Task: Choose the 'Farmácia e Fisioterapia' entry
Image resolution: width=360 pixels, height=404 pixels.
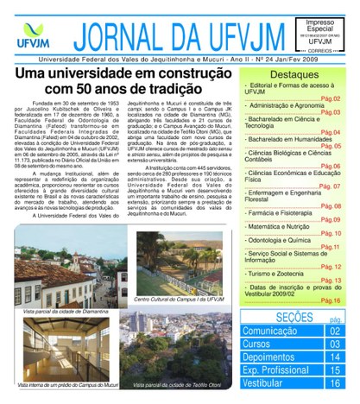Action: (284, 211)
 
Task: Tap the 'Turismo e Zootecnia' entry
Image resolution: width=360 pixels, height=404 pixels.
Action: (278, 273)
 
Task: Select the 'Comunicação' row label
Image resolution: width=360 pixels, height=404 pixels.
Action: (270, 331)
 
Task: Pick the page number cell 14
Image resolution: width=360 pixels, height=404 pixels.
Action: (335, 357)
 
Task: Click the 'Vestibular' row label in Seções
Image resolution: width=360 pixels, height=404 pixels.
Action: (263, 383)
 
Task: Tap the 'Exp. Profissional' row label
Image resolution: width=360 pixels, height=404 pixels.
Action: (276, 370)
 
